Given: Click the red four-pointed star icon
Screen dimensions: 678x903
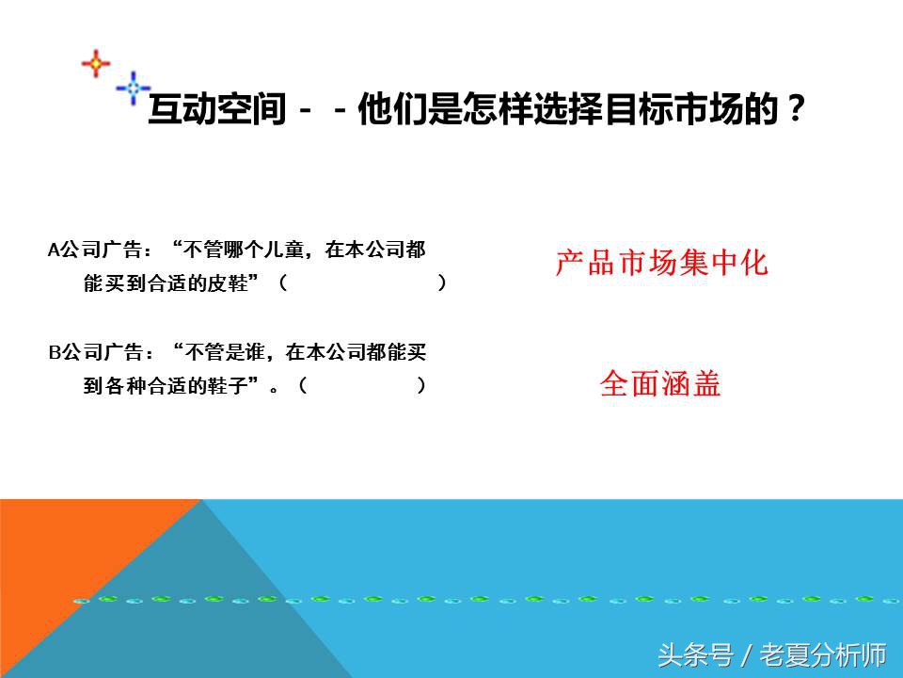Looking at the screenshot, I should tap(95, 63).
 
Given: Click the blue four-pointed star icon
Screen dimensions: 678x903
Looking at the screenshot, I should tap(133, 88).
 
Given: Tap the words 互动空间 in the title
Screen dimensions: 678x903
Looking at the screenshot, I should tap(216, 112).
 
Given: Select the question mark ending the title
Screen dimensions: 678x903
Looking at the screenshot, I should tap(796, 112).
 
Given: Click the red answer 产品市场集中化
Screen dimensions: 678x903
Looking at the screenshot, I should tap(661, 263).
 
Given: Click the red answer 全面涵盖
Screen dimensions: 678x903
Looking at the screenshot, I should tap(660, 384).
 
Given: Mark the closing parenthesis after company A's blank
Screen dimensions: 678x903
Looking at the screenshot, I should tap(442, 283).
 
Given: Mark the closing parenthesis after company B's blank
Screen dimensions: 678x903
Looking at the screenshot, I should tap(421, 385).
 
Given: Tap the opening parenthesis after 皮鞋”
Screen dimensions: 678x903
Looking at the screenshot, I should tap(283, 283).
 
